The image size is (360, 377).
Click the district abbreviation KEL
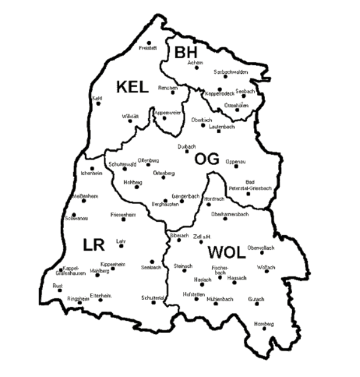132,87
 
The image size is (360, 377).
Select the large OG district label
207,159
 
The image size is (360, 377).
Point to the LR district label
94,245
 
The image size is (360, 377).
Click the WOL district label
226,252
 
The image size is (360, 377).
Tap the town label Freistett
148,48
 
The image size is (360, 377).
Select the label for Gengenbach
179,196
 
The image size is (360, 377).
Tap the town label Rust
58,286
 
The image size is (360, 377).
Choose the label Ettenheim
99,295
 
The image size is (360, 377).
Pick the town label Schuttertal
153,297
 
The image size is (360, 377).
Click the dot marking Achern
196,67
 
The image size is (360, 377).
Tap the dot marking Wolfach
265,272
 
